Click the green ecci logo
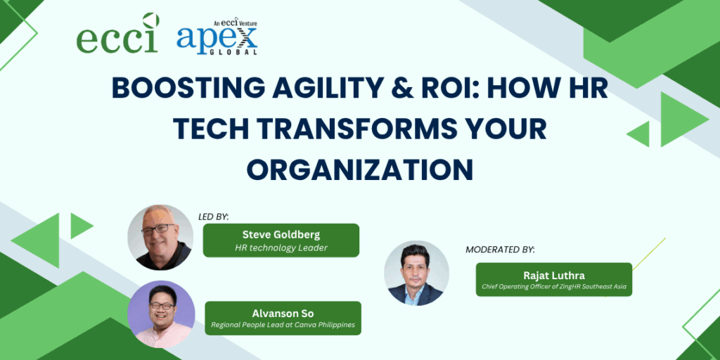118,33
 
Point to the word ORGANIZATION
360,170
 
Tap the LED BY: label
213,217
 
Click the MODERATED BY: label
501,250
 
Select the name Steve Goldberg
281,235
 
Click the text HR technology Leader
281,248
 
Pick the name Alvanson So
283,314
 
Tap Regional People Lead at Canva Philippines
283,326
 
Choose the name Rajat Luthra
553,276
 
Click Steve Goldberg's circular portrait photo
161,238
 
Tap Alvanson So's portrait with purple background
161,314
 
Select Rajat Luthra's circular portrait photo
416,273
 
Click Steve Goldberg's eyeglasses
158,230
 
